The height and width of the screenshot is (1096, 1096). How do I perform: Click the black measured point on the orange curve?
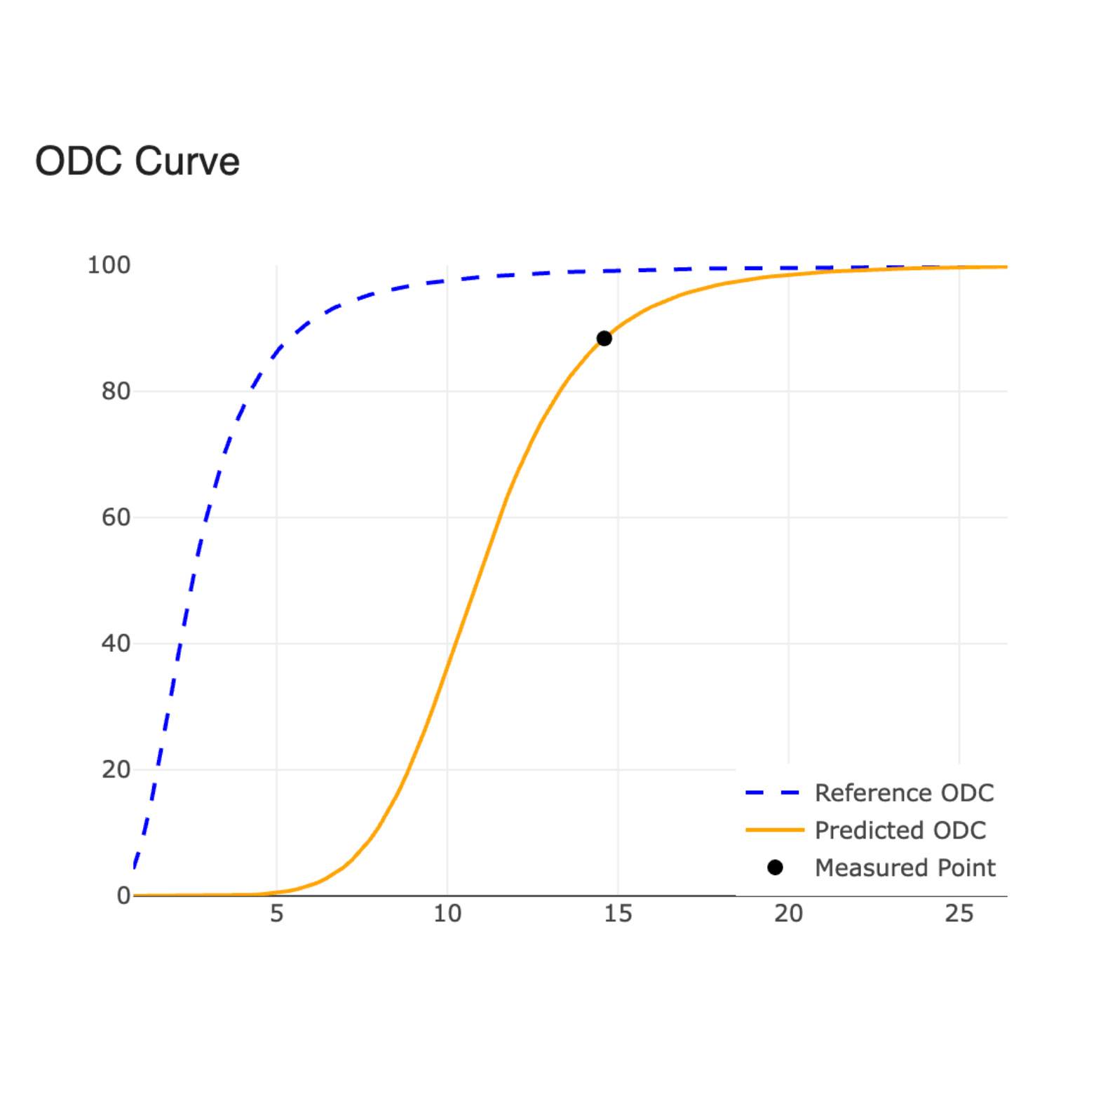604,339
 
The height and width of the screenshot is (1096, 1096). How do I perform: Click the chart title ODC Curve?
137,161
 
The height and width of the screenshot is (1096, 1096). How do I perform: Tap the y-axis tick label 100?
109,265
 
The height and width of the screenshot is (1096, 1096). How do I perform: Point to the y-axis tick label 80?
116,391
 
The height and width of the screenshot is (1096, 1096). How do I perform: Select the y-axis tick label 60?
116,517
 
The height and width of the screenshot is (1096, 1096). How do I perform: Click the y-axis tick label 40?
116,644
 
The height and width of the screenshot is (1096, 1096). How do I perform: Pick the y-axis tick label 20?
116,770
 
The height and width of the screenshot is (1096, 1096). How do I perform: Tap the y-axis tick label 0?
123,895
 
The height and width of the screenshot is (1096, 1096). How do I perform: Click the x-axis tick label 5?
277,914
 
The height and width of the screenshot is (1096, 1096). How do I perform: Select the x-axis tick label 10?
447,914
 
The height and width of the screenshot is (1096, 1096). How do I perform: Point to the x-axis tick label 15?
618,914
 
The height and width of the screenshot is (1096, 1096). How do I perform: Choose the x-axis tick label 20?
788,914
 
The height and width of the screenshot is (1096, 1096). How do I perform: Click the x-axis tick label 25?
959,914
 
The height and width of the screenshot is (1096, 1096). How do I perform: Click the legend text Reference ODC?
904,793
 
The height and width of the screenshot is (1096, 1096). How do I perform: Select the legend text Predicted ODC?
900,830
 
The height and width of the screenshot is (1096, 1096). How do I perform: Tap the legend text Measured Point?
905,868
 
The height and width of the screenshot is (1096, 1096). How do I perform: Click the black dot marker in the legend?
775,868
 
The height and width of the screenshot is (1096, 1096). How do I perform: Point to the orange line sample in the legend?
775,830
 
